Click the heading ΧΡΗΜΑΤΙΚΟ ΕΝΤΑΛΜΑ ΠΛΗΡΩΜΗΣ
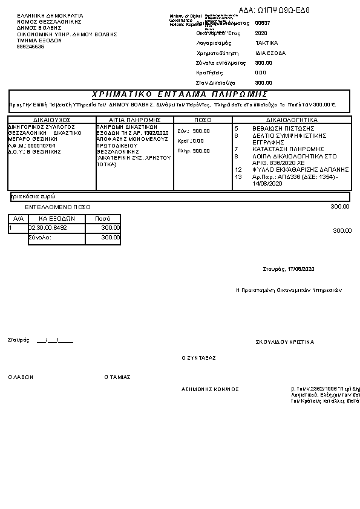pos(180,95)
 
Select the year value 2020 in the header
pos(261,33)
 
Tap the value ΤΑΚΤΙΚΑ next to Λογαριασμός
pos(266,44)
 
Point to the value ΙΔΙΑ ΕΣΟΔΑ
pos(270,53)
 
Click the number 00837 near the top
pos(263,23)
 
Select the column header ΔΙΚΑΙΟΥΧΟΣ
pos(52,120)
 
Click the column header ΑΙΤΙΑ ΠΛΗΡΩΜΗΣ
pos(134,120)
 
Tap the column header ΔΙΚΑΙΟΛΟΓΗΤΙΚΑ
pos(292,120)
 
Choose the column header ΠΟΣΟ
pos(203,120)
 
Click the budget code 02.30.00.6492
pos(48,227)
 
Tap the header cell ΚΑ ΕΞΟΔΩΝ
pos(56,218)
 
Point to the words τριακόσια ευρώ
pos(33,197)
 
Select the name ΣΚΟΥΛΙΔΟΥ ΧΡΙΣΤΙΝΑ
pos(285,342)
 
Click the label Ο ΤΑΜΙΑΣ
pos(117,377)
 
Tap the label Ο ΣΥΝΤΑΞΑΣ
pos(199,358)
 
